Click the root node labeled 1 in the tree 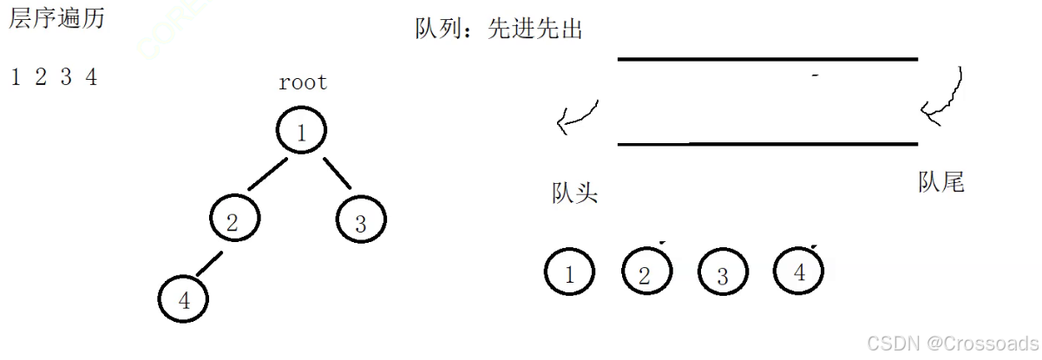pos(301,132)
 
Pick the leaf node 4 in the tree pos(184,298)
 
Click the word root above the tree pos(303,83)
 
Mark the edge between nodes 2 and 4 pos(209,263)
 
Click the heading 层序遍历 pos(56,19)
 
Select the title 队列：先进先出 pos(498,29)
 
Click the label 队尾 pos(940,182)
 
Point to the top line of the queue pos(767,59)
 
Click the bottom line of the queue pos(767,143)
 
